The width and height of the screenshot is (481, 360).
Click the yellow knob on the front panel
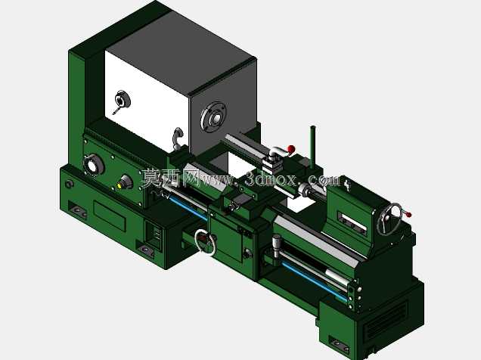tap(119, 185)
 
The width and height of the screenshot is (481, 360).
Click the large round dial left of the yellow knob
tap(93, 166)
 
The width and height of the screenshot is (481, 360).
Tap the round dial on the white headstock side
tap(123, 99)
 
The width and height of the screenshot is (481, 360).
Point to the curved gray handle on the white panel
tap(177, 137)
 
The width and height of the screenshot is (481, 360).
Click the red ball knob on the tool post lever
tap(291, 149)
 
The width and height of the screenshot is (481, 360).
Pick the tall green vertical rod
tap(313, 147)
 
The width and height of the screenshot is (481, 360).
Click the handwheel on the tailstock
tap(389, 219)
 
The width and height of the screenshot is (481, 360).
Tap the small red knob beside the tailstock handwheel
tap(408, 214)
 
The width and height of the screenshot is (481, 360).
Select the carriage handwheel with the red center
tap(205, 242)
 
